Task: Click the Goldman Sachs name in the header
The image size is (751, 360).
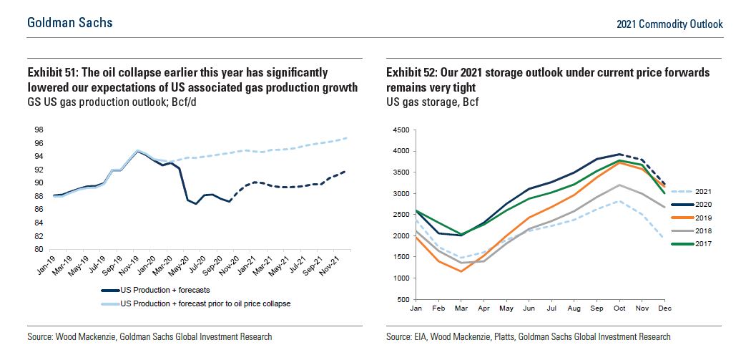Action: pos(70,23)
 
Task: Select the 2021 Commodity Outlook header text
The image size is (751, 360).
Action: pos(669,24)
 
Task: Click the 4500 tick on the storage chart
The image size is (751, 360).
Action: pos(399,130)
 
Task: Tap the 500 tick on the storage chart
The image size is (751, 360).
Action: pos(402,299)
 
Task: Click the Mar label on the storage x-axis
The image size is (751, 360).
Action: pos(461,308)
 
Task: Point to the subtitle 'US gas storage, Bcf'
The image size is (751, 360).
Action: pos(432,102)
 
